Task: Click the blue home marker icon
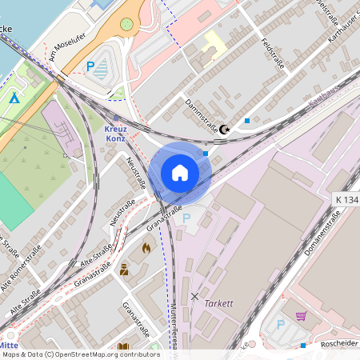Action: pyautogui.click(x=180, y=173)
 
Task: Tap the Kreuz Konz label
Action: pyautogui.click(x=116, y=133)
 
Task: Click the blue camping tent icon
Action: pyautogui.click(x=14, y=98)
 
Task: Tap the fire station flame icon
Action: pyautogui.click(x=146, y=249)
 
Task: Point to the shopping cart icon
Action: pyautogui.click(x=301, y=316)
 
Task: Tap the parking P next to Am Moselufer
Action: pyautogui.click(x=90, y=67)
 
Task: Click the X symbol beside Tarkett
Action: pyautogui.click(x=194, y=296)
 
